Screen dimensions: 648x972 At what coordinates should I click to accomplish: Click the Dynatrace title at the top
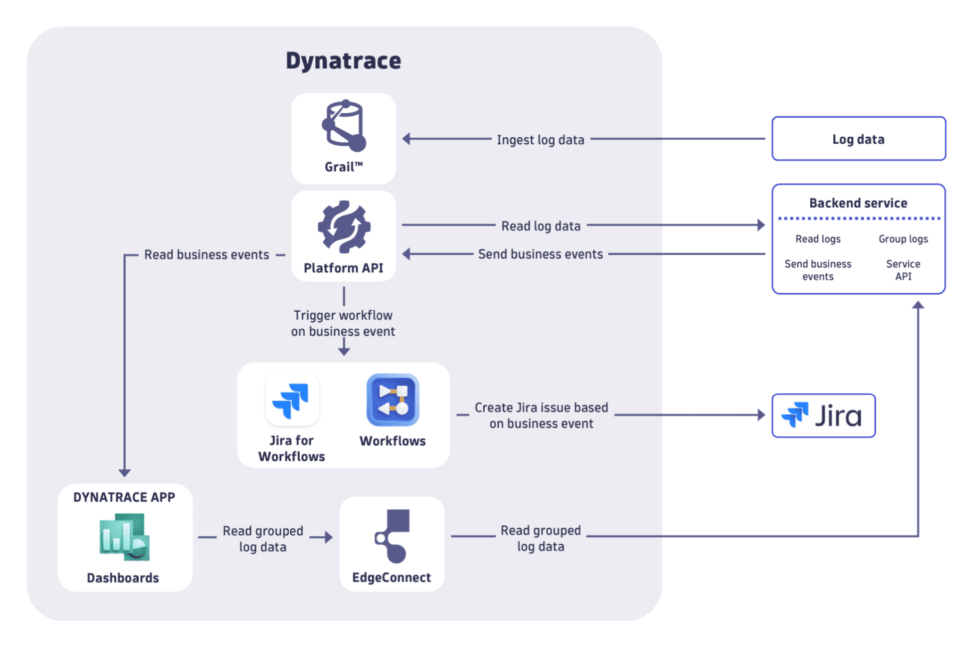tap(343, 61)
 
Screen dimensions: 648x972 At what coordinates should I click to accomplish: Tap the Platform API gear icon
tap(344, 227)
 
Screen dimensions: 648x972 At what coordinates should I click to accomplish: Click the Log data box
tap(858, 139)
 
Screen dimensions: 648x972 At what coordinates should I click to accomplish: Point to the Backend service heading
tap(858, 203)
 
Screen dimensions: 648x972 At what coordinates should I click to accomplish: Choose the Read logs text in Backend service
tap(818, 239)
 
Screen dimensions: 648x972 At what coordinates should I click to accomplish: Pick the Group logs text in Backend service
tap(903, 239)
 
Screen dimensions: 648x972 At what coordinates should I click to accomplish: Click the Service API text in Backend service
tap(903, 270)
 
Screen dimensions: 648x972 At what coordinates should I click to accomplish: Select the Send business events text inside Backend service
tap(818, 270)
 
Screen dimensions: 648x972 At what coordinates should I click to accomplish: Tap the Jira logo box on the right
tap(823, 415)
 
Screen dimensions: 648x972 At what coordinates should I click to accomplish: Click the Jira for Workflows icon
tap(292, 399)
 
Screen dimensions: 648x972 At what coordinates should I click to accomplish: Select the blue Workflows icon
tap(392, 399)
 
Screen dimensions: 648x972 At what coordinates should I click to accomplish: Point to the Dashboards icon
tap(124, 537)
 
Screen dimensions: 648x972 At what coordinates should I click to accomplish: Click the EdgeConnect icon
tap(392, 535)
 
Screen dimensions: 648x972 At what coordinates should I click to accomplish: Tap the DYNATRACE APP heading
tap(124, 497)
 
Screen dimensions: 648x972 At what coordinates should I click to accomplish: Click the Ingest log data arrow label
tap(540, 140)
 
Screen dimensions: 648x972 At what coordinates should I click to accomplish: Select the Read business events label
tap(206, 255)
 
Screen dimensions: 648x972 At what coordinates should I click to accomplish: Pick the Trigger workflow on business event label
tap(343, 323)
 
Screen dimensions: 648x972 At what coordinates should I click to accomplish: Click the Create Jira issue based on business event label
tap(541, 415)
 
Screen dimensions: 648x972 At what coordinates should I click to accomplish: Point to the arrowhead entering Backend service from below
tap(918, 304)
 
